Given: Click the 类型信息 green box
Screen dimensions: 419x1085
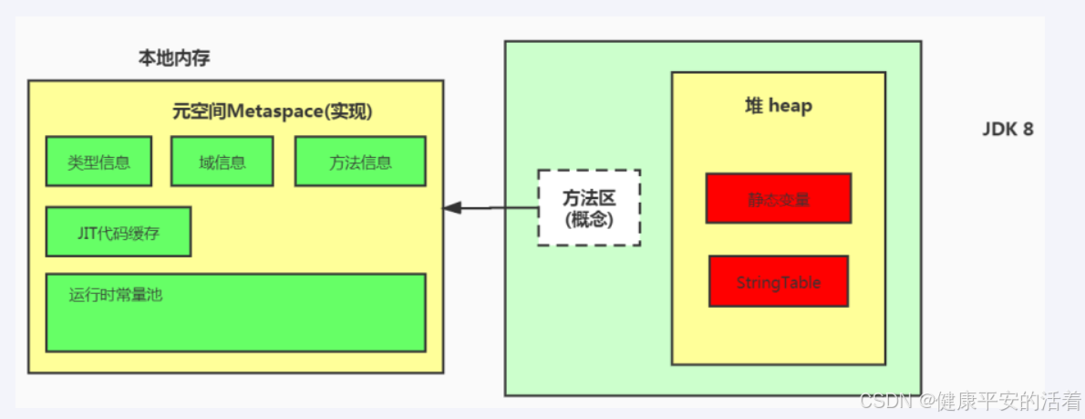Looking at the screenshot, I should click(98, 162).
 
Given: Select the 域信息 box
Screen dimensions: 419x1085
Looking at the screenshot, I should click(222, 162).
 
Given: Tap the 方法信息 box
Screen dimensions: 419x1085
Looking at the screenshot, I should click(360, 162).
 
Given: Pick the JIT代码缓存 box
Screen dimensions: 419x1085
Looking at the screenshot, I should click(119, 232).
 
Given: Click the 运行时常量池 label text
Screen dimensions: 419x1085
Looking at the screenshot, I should click(115, 295).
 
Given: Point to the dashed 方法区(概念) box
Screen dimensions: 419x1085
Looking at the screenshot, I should click(588, 207).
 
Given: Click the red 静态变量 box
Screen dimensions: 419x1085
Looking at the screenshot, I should click(778, 198).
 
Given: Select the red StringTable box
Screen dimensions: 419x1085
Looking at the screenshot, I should click(778, 281).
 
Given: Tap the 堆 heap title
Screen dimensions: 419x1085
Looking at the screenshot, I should click(778, 106).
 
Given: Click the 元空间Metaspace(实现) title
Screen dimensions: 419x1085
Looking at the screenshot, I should click(273, 111).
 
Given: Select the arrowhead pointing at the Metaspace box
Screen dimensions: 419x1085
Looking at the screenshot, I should click(450, 208).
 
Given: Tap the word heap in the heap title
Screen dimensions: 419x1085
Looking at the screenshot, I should click(790, 106).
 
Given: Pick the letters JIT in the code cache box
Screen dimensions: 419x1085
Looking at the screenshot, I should click(88, 232).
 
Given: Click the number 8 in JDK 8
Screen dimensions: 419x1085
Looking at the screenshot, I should click(1028, 130).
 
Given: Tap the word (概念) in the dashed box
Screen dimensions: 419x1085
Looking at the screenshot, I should click(588, 219).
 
